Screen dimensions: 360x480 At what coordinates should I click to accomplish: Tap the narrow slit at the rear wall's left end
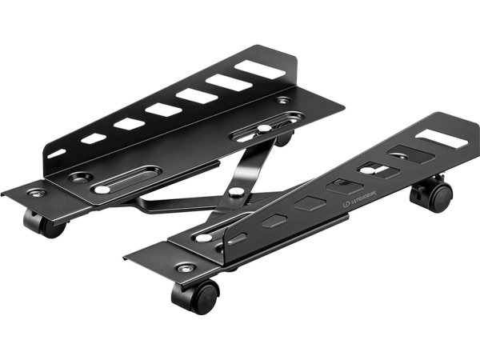(x=57, y=151)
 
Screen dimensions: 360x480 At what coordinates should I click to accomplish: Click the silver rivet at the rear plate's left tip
(x=34, y=192)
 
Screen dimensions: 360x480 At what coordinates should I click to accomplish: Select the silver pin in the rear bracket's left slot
(x=102, y=190)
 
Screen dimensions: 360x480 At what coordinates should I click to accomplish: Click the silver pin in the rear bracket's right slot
(x=263, y=128)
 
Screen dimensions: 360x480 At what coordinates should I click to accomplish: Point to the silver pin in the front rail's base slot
(x=206, y=238)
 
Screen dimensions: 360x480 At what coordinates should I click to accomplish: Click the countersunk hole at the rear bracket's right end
(x=284, y=102)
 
